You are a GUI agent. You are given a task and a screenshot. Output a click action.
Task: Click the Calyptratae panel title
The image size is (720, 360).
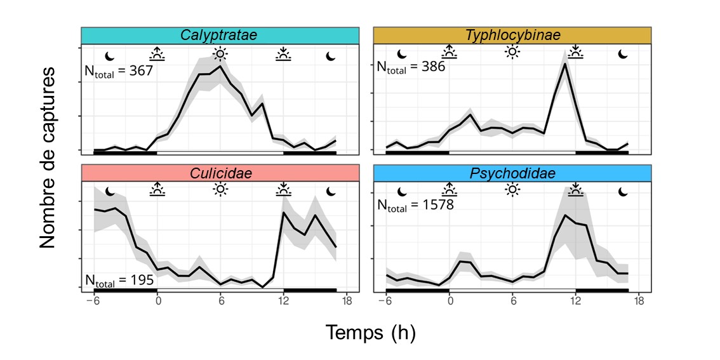[218, 35]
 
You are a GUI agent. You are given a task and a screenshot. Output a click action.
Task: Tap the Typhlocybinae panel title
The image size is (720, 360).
[512, 35]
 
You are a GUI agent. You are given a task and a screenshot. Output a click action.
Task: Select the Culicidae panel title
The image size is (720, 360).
[218, 173]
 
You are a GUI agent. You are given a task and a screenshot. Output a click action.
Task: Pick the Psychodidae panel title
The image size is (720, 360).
[512, 173]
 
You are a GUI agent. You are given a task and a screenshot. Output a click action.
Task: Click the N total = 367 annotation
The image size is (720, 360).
[119, 71]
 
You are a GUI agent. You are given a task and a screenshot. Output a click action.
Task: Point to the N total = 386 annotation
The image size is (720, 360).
[411, 67]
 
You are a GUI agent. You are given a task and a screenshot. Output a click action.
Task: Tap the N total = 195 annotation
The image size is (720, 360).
[119, 280]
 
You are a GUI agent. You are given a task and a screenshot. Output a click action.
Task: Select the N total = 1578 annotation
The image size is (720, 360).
[415, 205]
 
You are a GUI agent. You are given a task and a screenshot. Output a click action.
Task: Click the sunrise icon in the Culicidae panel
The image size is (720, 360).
[157, 189]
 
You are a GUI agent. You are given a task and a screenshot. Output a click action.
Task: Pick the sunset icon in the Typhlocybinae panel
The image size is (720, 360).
[575, 52]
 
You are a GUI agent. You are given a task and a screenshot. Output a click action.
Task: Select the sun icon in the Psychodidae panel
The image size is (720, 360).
[512, 189]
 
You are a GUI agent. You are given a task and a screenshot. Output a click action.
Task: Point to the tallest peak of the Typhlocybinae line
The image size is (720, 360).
[564, 63]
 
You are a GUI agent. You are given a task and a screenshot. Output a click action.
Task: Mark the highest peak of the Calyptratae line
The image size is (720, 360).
[220, 66]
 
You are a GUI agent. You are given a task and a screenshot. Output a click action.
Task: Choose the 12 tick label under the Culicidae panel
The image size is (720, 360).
[283, 300]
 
